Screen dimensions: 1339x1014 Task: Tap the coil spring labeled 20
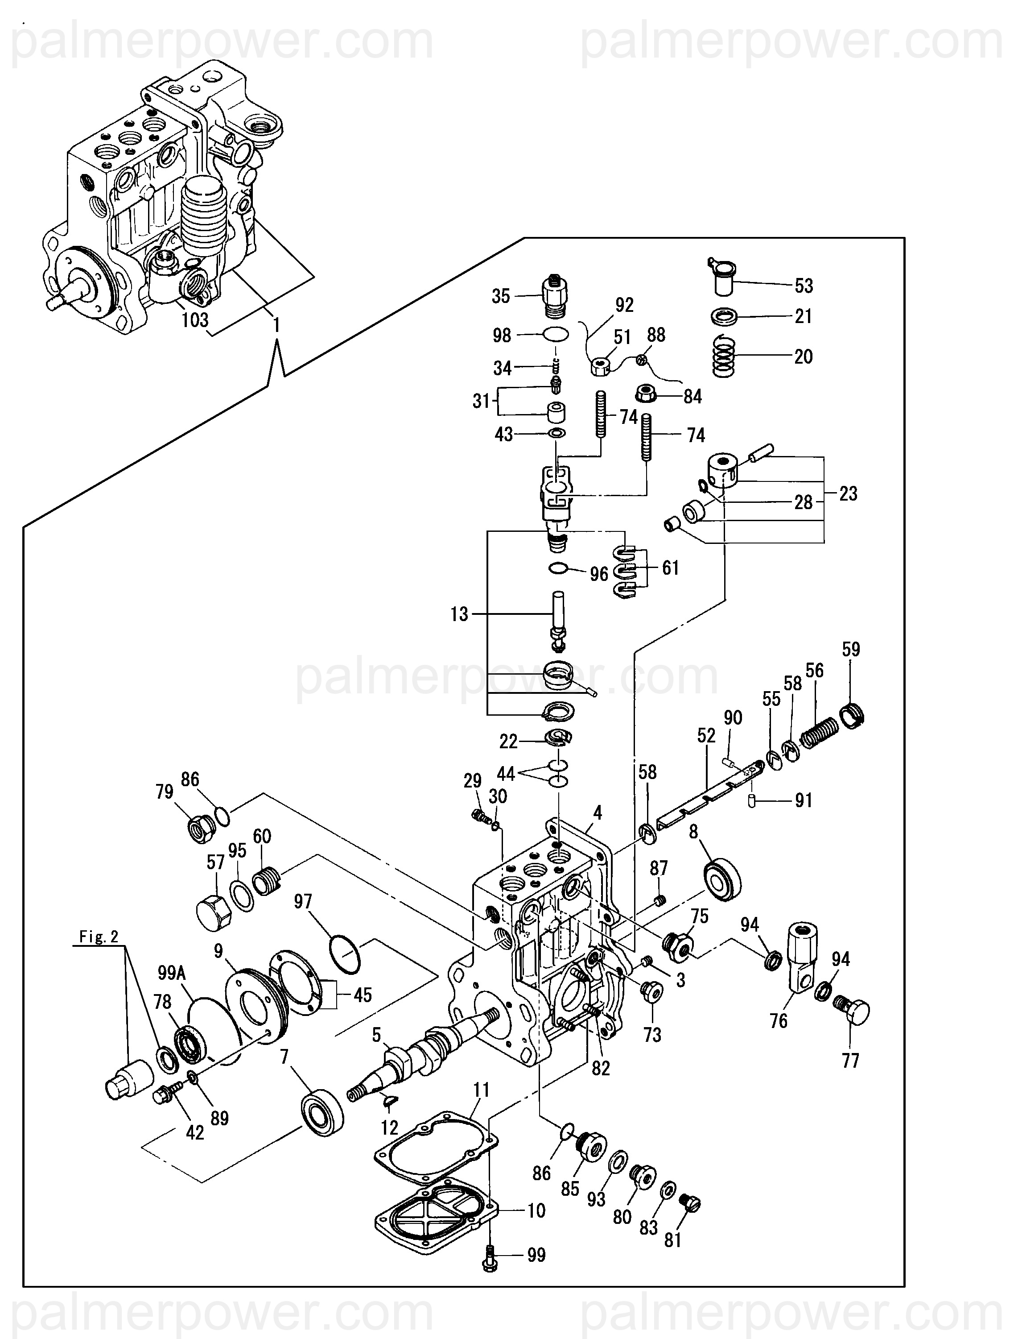tap(724, 357)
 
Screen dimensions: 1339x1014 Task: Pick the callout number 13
tap(459, 614)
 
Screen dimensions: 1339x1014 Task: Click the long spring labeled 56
tap(820, 732)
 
